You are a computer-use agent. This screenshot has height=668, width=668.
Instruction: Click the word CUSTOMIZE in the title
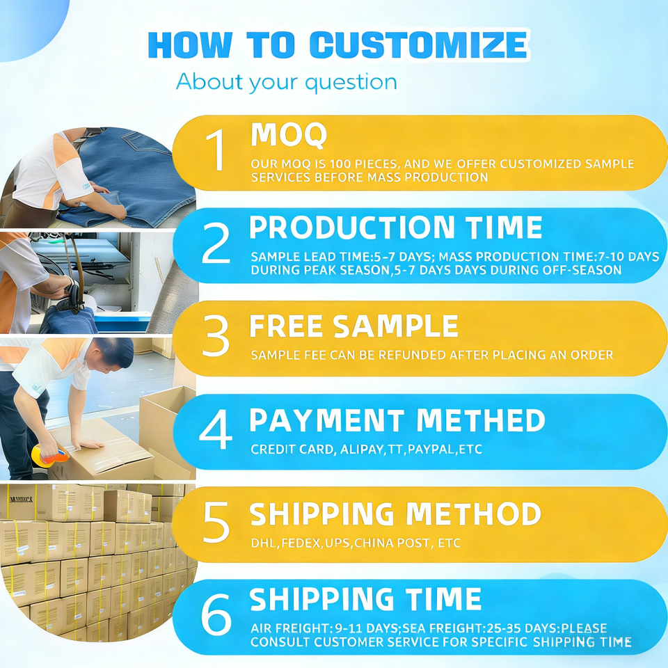pos(418,45)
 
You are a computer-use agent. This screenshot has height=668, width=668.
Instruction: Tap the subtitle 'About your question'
pos(286,81)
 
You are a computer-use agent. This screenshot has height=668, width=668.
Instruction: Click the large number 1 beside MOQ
pos(216,150)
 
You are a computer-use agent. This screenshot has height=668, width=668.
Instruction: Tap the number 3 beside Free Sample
pos(216,335)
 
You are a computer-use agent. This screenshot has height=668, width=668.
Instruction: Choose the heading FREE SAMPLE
pos(353,326)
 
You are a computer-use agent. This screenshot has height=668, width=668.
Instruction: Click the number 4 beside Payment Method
pos(216,429)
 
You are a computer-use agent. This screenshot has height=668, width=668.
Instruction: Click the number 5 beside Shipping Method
pos(216,522)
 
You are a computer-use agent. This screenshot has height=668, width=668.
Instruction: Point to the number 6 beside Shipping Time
pos(216,614)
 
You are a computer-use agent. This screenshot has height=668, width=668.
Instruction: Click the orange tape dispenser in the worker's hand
pos(49,454)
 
